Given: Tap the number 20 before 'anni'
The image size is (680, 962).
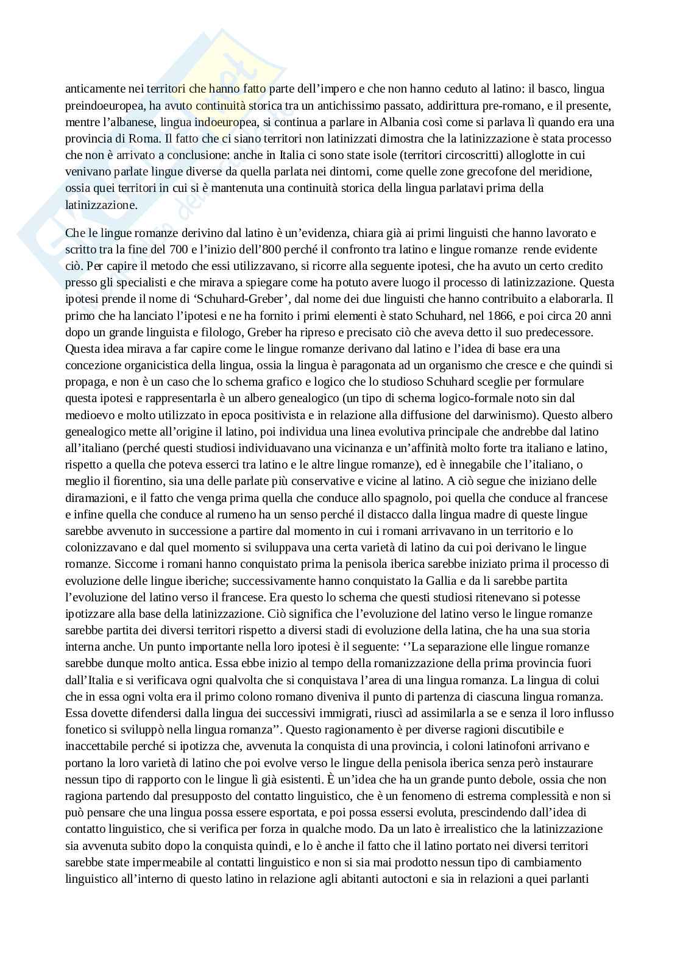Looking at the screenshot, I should click(579, 316).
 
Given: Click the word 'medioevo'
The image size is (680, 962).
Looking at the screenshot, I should click(86, 416).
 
